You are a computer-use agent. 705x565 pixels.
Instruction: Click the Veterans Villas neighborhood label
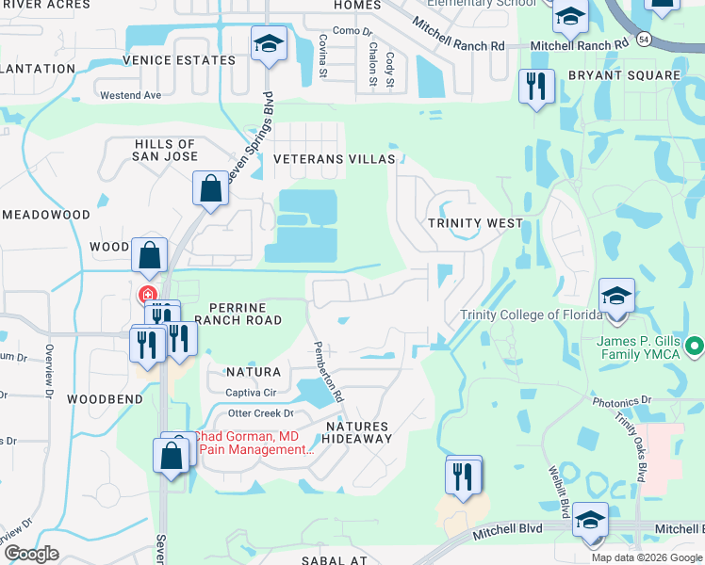pyautogui.click(x=335, y=159)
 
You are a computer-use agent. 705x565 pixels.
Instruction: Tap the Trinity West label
pyautogui.click(x=475, y=223)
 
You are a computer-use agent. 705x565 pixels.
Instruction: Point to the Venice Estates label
pyautogui.click(x=179, y=60)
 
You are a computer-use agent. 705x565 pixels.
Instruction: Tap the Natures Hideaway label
pyautogui.click(x=357, y=432)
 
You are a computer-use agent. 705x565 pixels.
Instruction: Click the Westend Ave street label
pyautogui.click(x=131, y=95)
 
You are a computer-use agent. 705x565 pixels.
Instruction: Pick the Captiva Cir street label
pyautogui.click(x=250, y=392)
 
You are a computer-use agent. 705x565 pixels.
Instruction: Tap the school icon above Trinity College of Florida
pyautogui.click(x=616, y=296)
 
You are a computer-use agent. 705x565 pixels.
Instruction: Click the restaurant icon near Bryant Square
pyautogui.click(x=537, y=87)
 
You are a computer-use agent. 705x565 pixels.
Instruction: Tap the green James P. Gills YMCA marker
pyautogui.click(x=696, y=347)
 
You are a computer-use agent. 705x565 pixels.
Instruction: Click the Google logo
pyautogui.click(x=31, y=554)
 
